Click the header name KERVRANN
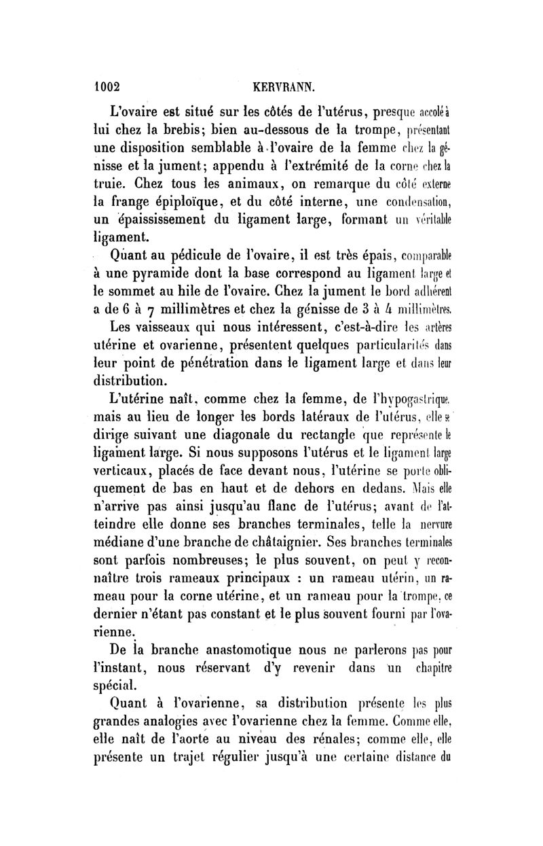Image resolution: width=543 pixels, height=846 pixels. pyautogui.click(x=283, y=87)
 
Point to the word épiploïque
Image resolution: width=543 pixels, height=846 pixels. pyautogui.click(x=192, y=202)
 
